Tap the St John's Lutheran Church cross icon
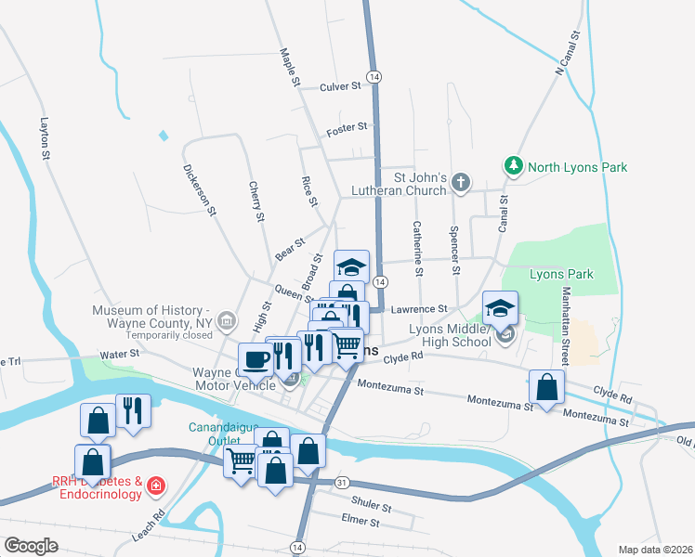coord(462,183)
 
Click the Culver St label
coord(339,86)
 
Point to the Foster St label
coord(347,130)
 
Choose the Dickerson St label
coord(200,190)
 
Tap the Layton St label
coord(44,139)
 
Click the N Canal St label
coord(568,53)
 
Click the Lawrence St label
coord(419,308)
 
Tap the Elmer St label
coord(361,523)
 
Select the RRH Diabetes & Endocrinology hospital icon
coord(156,486)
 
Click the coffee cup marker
coord(256,357)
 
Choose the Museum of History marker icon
coord(226,322)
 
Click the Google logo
coord(30,546)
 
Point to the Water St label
coord(120,354)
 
